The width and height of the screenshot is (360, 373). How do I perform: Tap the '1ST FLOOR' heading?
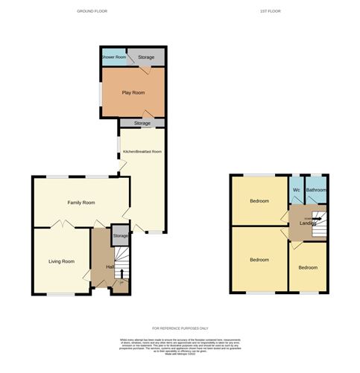270,11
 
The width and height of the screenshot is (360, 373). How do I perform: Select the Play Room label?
132,92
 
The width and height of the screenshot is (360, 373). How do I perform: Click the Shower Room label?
113,57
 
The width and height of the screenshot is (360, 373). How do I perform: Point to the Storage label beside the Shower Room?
145,57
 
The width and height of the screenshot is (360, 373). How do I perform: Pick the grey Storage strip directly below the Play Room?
144,123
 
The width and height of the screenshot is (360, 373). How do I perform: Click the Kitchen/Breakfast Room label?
142,152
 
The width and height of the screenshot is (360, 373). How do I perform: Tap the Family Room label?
81,203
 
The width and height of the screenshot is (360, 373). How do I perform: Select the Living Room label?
61,261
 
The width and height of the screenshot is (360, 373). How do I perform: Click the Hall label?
110,267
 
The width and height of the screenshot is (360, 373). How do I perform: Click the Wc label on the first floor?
296,190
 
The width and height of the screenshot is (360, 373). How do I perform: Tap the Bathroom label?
316,190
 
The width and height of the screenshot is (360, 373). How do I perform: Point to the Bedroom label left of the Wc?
259,201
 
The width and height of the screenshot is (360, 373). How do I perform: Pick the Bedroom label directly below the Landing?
308,267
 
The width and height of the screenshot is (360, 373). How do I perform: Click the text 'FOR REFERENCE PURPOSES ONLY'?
180,328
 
